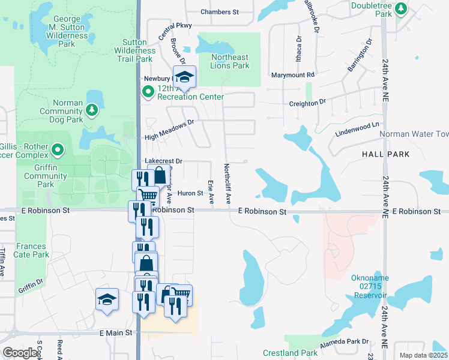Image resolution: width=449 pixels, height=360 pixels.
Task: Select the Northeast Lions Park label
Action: pos(230,61)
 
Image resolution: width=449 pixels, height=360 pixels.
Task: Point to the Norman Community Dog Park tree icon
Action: pos(91,110)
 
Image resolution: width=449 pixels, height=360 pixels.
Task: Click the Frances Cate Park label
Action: pos(32,250)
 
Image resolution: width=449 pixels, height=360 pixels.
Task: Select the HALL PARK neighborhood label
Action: pos(386,154)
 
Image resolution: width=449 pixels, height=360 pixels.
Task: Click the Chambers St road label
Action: pos(220,11)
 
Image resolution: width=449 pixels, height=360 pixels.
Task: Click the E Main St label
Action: pos(118,333)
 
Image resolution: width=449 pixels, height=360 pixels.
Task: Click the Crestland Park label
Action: pos(290,353)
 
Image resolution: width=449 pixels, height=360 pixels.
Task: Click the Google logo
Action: pos(20,353)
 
